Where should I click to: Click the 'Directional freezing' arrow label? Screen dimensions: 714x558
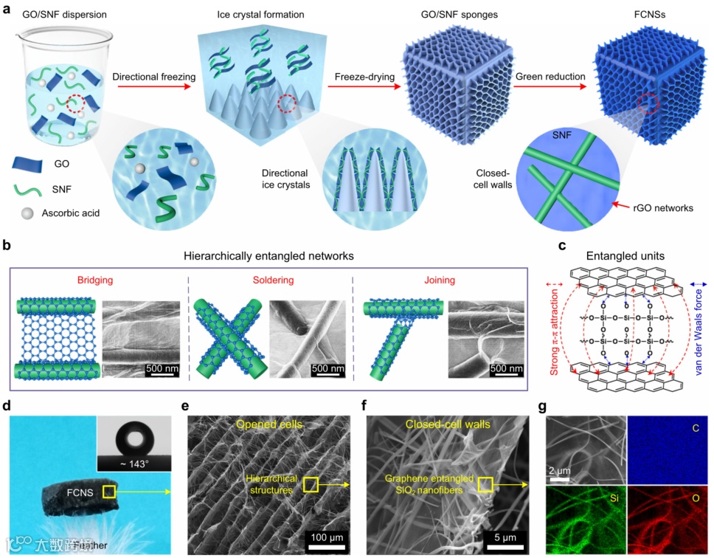(153, 76)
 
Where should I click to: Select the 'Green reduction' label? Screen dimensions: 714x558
(551, 76)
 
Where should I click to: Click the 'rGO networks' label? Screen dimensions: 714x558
(664, 209)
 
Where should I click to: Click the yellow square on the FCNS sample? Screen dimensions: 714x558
(108, 491)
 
